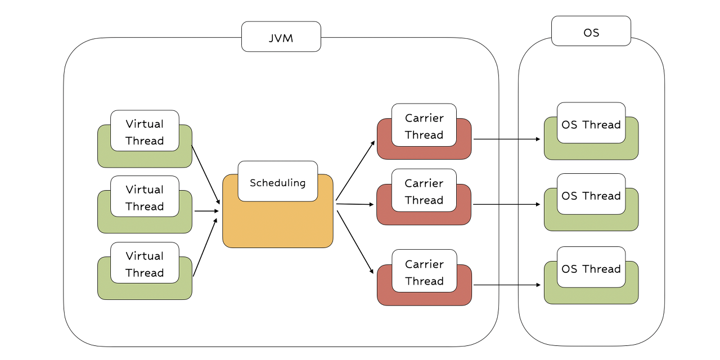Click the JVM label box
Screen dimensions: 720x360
[281, 37]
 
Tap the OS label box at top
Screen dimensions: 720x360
[591, 31]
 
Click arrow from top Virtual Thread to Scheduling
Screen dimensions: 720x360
[206, 175]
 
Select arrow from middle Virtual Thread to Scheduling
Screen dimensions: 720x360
[206, 211]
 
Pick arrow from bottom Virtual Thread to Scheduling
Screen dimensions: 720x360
[205, 247]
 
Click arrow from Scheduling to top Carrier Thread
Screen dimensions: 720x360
[355, 170]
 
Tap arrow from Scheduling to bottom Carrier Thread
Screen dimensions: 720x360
[355, 242]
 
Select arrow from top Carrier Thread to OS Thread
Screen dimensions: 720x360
[507, 139]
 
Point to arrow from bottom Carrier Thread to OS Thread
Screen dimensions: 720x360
[507, 285]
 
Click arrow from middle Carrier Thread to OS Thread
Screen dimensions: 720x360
[507, 204]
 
